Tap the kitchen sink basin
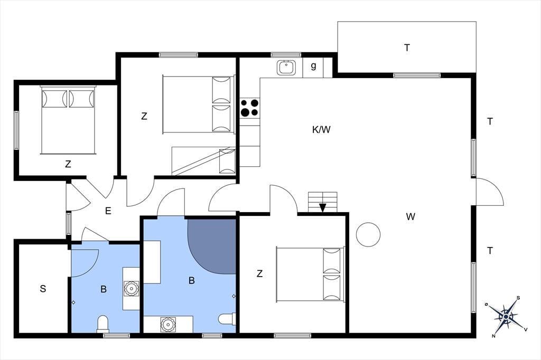pyautogui.click(x=286, y=68)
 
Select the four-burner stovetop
pyautogui.click(x=250, y=107)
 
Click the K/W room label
pyautogui.click(x=321, y=130)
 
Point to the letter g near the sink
pyautogui.click(x=313, y=65)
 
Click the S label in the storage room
pyautogui.click(x=43, y=289)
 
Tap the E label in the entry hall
pyautogui.click(x=108, y=211)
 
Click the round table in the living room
pyautogui.click(x=368, y=234)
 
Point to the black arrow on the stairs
pyautogui.click(x=323, y=207)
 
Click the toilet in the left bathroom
pyautogui.click(x=103, y=324)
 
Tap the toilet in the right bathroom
pyautogui.click(x=227, y=319)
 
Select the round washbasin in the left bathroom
pyautogui.click(x=132, y=288)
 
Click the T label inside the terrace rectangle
pyautogui.click(x=407, y=48)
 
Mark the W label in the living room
pyautogui.click(x=411, y=216)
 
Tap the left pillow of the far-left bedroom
pyautogui.click(x=54, y=99)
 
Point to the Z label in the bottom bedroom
pyautogui.click(x=259, y=274)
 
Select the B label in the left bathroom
pyautogui.click(x=104, y=289)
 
